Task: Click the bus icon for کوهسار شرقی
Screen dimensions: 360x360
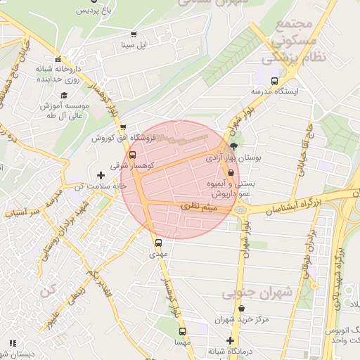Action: pyautogui.click(x=133, y=155)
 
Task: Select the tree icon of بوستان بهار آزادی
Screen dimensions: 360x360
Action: pyautogui.click(x=233, y=147)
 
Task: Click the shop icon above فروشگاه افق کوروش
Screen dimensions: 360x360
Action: pyautogui.click(x=123, y=127)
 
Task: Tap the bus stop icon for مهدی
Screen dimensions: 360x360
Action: pyautogui.click(x=158, y=243)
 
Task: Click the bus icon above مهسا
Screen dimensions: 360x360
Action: pyautogui.click(x=182, y=330)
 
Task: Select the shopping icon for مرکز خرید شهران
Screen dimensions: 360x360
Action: pyautogui.click(x=242, y=308)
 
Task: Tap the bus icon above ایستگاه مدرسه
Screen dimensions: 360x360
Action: pyautogui.click(x=274, y=80)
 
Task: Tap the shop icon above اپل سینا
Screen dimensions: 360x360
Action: pyautogui.click(x=134, y=34)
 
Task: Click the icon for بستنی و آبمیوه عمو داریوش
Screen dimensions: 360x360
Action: pyautogui.click(x=231, y=172)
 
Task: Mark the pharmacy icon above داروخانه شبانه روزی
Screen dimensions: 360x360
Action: pyautogui.click(x=59, y=60)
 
